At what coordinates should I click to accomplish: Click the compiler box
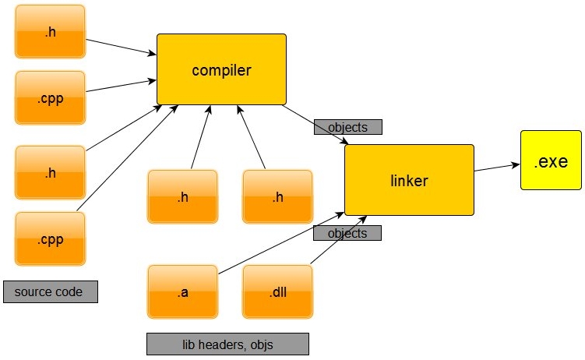click(221, 69)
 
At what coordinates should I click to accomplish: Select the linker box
click(409, 180)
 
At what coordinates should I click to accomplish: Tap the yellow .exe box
click(551, 160)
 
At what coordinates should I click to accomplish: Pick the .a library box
click(183, 291)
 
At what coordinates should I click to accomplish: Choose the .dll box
click(277, 291)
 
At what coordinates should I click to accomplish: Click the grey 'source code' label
click(51, 291)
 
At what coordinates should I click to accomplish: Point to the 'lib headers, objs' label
click(227, 344)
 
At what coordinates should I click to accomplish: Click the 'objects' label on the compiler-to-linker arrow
click(348, 127)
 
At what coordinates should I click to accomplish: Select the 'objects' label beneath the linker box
click(347, 233)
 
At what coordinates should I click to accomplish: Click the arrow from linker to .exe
click(497, 168)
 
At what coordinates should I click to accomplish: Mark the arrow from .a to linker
click(281, 243)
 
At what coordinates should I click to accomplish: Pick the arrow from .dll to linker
click(338, 240)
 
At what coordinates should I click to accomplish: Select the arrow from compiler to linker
click(315, 125)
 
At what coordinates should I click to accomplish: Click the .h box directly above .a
click(183, 196)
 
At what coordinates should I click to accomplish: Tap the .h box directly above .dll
click(277, 196)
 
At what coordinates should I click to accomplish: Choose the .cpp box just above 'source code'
click(51, 238)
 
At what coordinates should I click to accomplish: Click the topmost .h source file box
click(51, 31)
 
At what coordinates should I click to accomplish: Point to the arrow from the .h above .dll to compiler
click(251, 137)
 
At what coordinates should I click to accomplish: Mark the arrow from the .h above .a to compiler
click(201, 137)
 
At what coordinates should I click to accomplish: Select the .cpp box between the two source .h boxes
click(51, 97)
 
